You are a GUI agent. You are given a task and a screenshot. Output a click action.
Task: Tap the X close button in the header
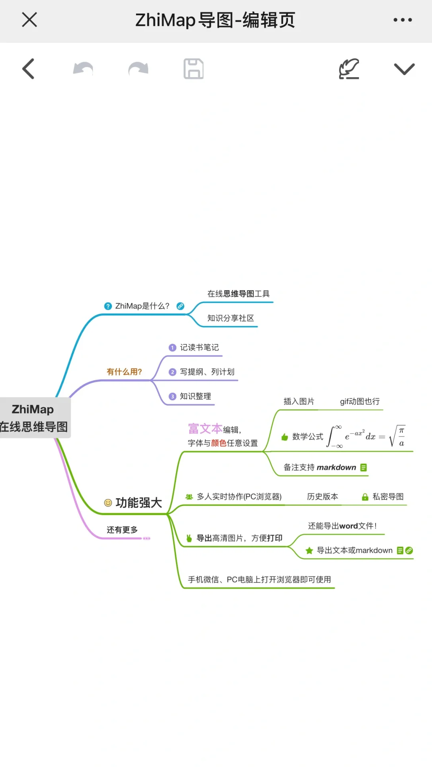[29, 20]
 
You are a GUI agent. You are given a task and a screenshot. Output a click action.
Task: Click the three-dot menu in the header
[402, 20]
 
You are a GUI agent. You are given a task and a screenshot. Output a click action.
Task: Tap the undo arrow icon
[83, 69]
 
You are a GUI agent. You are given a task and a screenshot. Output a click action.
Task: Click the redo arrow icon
[138, 69]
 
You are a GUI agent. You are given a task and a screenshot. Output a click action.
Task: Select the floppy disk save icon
[194, 69]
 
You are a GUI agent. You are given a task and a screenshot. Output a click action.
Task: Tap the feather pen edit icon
[349, 69]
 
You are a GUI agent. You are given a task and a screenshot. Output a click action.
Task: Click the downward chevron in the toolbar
[404, 69]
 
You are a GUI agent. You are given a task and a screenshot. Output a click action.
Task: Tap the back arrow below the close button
[28, 69]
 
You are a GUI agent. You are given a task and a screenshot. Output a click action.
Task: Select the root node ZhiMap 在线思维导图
[34, 418]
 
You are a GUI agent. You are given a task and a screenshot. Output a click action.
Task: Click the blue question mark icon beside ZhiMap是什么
[108, 306]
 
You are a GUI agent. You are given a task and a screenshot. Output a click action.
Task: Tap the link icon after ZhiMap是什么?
[180, 306]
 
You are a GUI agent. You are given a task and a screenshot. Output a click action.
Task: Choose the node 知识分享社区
[230, 318]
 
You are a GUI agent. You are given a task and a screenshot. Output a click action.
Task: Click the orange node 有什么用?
[124, 372]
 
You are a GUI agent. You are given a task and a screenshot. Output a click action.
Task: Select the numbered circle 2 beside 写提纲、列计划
[172, 372]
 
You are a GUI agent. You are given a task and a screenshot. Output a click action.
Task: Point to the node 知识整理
[195, 396]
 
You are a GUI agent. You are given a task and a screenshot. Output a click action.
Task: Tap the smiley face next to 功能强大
[108, 503]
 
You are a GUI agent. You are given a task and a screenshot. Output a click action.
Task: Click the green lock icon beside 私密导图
[365, 497]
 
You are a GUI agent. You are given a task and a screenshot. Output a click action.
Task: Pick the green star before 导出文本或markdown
[309, 551]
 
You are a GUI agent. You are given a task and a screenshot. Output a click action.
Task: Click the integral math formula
[366, 436]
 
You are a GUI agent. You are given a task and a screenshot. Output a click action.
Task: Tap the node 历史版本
[322, 496]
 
